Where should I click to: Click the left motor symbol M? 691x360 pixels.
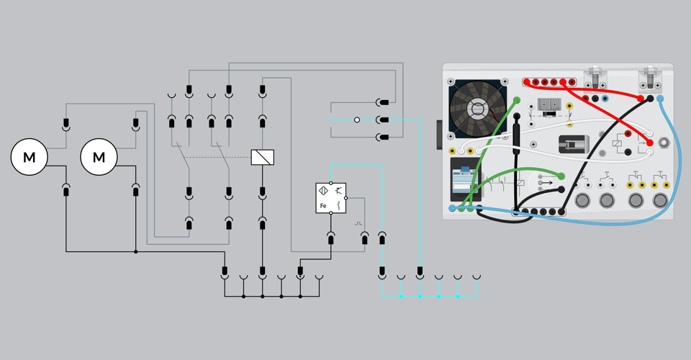tap(29, 157)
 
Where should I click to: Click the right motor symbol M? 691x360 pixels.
tap(99, 157)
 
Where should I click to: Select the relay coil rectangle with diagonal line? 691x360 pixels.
tap(262, 157)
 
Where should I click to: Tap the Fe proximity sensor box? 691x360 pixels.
tap(330, 198)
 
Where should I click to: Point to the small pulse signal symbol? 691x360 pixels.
tap(358, 224)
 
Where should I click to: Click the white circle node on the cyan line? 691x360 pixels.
tap(356, 120)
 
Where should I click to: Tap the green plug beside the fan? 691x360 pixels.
tap(517, 100)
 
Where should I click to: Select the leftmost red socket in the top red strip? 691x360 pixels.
tap(528, 83)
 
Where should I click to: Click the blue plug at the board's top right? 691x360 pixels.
tap(659, 99)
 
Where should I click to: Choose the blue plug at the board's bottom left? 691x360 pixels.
tap(452, 209)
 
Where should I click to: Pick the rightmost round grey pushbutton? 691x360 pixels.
tap(659, 199)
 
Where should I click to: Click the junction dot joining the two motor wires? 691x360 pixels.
tap(136, 251)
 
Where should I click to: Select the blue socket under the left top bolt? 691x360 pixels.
tap(605, 99)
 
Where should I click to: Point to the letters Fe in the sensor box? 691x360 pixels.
tap(323, 207)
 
